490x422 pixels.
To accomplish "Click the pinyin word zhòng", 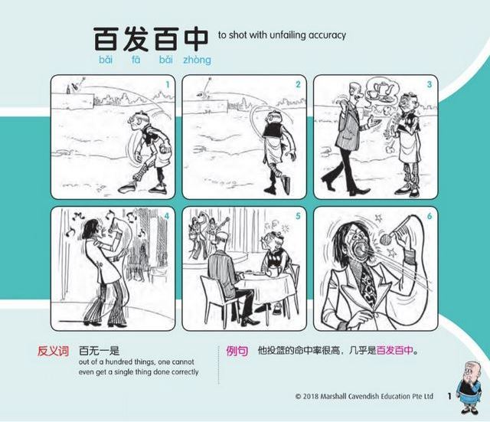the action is [x=197, y=60].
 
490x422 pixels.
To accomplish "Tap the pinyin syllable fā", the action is [x=136, y=59].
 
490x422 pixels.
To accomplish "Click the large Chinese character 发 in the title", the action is [x=136, y=39].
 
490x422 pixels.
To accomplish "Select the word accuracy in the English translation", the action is [x=327, y=35].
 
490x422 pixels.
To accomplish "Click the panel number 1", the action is [x=168, y=84].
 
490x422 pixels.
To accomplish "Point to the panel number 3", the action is [x=430, y=84].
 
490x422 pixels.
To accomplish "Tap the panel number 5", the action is [x=298, y=216].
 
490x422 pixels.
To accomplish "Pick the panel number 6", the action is [x=430, y=216].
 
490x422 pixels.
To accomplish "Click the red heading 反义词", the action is [x=53, y=351].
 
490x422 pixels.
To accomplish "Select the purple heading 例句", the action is [x=237, y=351].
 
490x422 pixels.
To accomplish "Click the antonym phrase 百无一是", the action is [x=99, y=351].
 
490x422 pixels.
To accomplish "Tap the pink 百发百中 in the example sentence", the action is [x=395, y=351].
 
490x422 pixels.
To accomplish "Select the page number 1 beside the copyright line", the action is [x=449, y=397].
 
